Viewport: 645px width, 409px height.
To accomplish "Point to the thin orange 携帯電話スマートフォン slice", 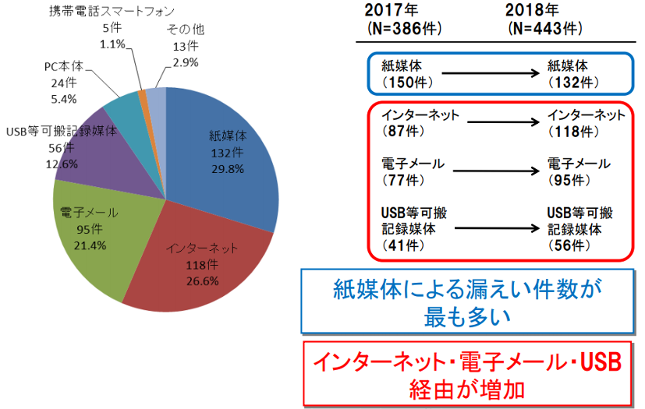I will click(142, 94).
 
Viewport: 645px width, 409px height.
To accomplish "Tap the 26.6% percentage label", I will click(202, 280).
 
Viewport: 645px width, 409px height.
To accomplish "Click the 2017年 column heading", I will click(392, 11).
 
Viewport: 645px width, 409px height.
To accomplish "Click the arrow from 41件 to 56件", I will click(495, 229).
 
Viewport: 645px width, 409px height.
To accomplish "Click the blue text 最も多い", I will click(467, 317).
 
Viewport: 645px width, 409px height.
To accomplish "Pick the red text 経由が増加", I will click(467, 386).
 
